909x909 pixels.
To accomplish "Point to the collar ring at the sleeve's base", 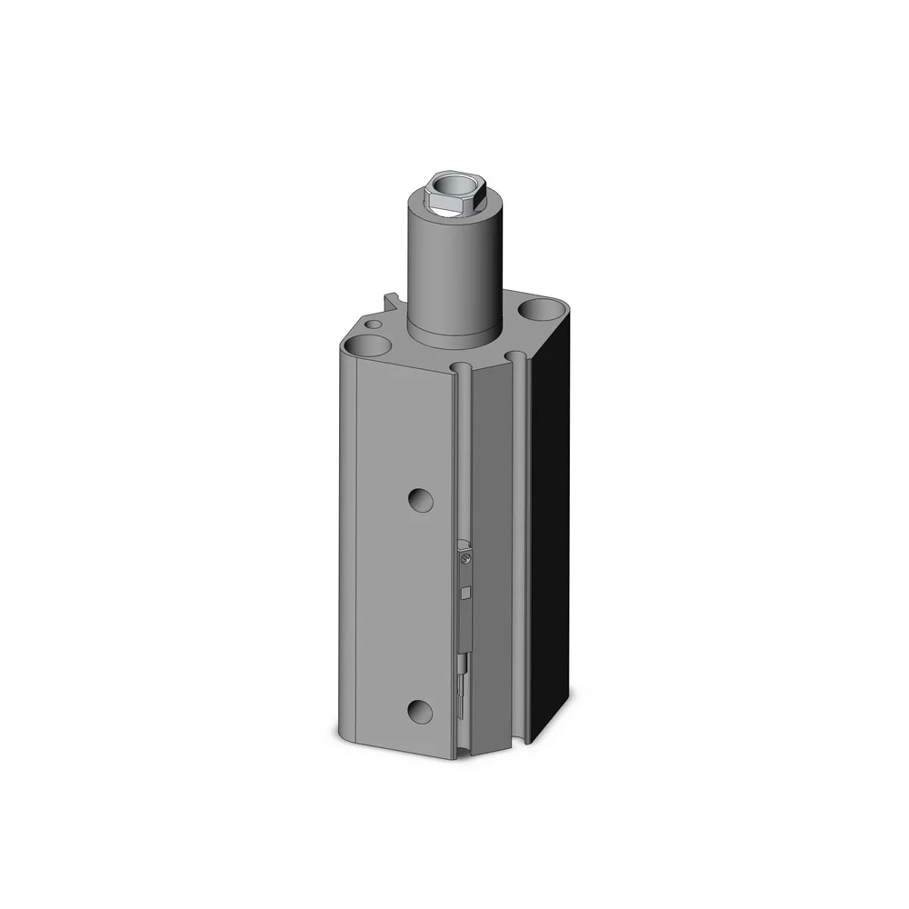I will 453,333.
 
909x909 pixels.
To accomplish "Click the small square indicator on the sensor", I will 466,594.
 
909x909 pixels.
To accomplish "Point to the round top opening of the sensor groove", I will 464,368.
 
